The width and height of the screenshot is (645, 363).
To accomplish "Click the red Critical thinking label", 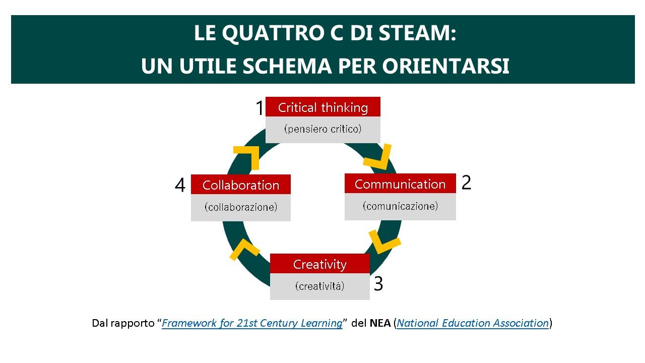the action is tap(323, 107).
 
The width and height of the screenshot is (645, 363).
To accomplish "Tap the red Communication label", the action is tap(400, 184).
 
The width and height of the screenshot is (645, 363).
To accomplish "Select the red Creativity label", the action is tap(320, 264).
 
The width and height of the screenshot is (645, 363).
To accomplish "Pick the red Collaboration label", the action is tap(241, 185).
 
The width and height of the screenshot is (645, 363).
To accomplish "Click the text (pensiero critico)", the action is tap(323, 129).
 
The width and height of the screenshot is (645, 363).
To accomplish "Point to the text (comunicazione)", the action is tap(400, 206).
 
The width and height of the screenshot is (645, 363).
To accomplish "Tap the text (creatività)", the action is tap(320, 286).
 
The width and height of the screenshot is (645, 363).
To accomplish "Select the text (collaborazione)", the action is tap(241, 207).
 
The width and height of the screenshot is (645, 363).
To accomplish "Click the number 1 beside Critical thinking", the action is tap(260, 108).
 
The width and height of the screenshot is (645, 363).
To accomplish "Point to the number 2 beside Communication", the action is tap(466, 183).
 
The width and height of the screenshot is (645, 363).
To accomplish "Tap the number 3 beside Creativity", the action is tap(378, 284).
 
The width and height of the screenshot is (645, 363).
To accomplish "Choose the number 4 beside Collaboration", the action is tap(180, 185).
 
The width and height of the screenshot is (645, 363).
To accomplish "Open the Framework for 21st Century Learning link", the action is tap(252, 323).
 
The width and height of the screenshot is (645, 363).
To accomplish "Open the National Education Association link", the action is tap(473, 323).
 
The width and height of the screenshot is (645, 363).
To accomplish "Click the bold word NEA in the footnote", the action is tap(380, 323).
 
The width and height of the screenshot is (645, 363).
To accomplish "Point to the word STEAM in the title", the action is tap(417, 33).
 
